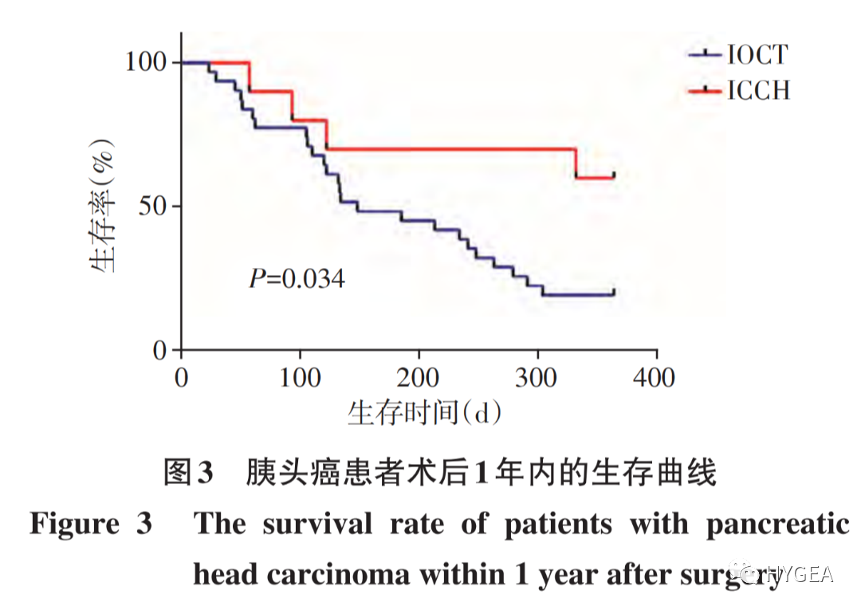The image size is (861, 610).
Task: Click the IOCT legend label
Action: click(x=757, y=55)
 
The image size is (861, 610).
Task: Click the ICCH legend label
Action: click(x=758, y=91)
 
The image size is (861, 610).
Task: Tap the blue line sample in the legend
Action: click(x=705, y=55)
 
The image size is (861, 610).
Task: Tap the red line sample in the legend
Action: click(x=705, y=91)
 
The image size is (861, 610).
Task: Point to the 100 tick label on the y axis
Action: click(x=147, y=62)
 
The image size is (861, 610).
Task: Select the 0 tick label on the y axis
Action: click(x=161, y=351)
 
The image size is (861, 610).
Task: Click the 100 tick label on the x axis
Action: click(x=300, y=377)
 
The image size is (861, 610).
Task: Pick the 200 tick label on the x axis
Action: click(x=419, y=377)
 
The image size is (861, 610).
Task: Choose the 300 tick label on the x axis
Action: click(x=537, y=377)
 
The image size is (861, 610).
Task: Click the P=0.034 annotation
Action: click(x=297, y=279)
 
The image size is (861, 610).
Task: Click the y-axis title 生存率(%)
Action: click(x=104, y=207)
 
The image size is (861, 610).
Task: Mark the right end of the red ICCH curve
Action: click(x=614, y=176)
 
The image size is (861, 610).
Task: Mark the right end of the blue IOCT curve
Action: click(x=614, y=293)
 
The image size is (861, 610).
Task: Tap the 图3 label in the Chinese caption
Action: click(x=188, y=473)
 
